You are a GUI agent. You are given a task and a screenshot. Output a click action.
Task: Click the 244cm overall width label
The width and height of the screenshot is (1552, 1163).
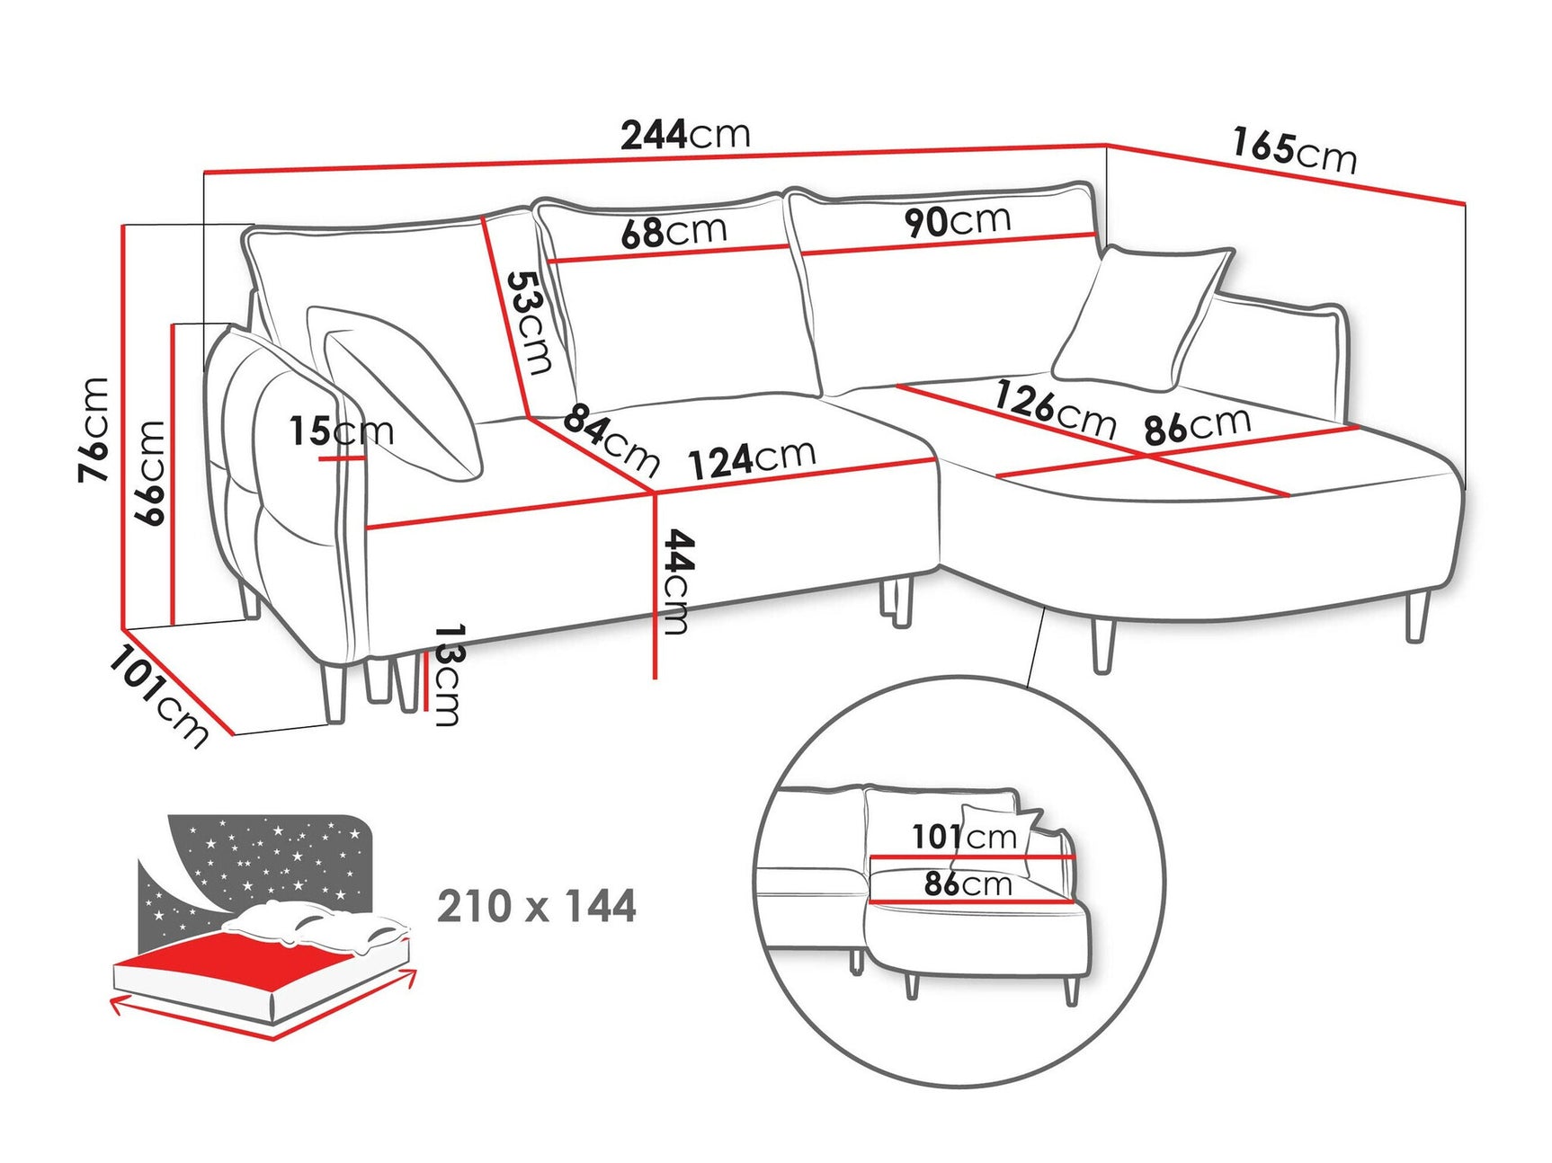[x=685, y=135]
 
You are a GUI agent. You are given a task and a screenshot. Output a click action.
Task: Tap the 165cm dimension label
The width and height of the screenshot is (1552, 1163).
[x=1293, y=150]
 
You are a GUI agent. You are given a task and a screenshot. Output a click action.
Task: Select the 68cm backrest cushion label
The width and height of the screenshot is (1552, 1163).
[x=673, y=232]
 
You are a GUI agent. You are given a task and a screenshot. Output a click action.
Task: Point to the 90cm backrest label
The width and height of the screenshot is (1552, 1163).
[x=958, y=220]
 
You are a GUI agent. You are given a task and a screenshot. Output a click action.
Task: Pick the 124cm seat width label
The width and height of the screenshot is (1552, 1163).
[x=752, y=459]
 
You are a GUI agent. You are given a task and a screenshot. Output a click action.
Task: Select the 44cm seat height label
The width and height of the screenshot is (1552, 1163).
[x=676, y=581]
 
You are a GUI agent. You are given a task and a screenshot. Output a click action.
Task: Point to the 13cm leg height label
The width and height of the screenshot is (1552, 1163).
[x=448, y=674]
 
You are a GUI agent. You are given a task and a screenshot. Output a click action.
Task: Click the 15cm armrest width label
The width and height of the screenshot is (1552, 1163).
[x=341, y=431]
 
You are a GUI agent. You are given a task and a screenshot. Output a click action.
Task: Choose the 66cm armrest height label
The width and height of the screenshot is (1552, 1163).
[x=149, y=472]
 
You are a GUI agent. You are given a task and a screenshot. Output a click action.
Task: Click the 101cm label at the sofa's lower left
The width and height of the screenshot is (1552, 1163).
[x=158, y=697]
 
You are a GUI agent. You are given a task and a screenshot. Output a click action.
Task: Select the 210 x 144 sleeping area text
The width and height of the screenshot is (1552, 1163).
[x=537, y=906]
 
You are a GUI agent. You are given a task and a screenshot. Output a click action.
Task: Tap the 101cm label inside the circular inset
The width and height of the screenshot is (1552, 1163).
[x=964, y=837]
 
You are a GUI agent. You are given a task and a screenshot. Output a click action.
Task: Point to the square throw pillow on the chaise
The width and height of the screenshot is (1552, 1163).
[x=1140, y=316]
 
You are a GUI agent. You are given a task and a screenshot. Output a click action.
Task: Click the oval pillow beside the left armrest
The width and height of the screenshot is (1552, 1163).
[x=405, y=395]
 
